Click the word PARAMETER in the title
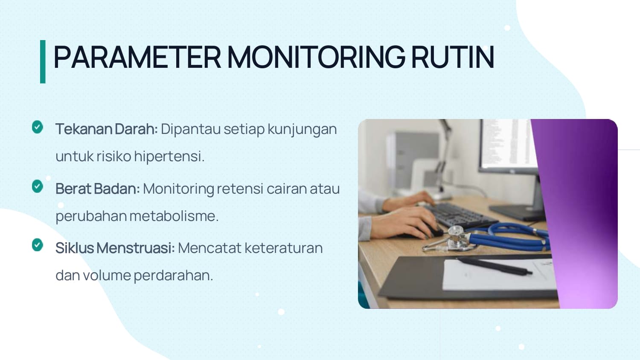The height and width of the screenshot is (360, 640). [x=137, y=57]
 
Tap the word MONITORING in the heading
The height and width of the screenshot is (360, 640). [x=316, y=57]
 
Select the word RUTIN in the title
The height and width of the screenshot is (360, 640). [x=453, y=57]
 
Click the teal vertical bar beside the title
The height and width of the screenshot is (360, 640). [x=43, y=62]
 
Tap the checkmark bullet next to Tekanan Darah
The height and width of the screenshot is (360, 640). [x=38, y=127]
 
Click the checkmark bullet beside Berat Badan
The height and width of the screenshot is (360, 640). [x=38, y=186]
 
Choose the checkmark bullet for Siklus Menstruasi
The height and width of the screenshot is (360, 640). [x=38, y=245]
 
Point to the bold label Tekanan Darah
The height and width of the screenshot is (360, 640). [x=107, y=129]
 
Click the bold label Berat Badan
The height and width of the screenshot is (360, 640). [x=98, y=189]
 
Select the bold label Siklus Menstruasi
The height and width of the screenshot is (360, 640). [x=115, y=248]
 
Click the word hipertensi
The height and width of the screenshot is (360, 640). [x=169, y=157]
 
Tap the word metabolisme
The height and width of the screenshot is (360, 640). [x=174, y=216]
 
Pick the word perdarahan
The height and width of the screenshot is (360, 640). [x=173, y=276]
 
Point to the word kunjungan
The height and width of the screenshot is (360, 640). [x=302, y=129]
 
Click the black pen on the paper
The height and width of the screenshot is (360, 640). [x=495, y=267]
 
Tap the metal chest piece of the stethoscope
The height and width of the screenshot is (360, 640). [x=456, y=238]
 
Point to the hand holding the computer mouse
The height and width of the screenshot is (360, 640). [x=406, y=222]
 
